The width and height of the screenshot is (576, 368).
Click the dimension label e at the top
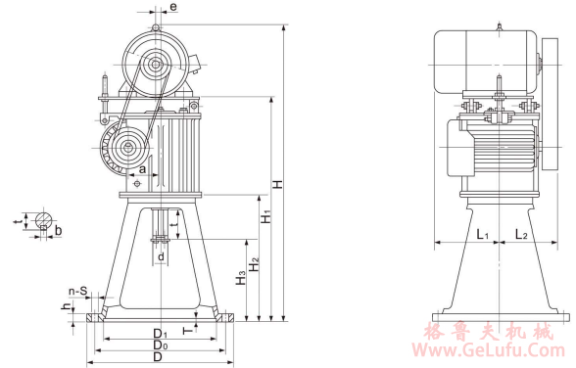pos(173,6)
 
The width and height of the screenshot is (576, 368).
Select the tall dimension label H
pos(278,183)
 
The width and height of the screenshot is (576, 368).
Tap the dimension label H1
pos(266,216)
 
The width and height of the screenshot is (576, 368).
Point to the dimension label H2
pos(255,264)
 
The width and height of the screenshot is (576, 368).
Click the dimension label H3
pos(241,278)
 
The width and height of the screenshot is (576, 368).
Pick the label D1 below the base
pos(161,334)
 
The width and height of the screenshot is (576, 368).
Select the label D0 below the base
pos(161,345)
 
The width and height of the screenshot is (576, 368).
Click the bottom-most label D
pos(158,356)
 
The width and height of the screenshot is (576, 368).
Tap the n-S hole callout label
pos(78,292)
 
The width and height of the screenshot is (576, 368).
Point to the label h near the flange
pos(67,306)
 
